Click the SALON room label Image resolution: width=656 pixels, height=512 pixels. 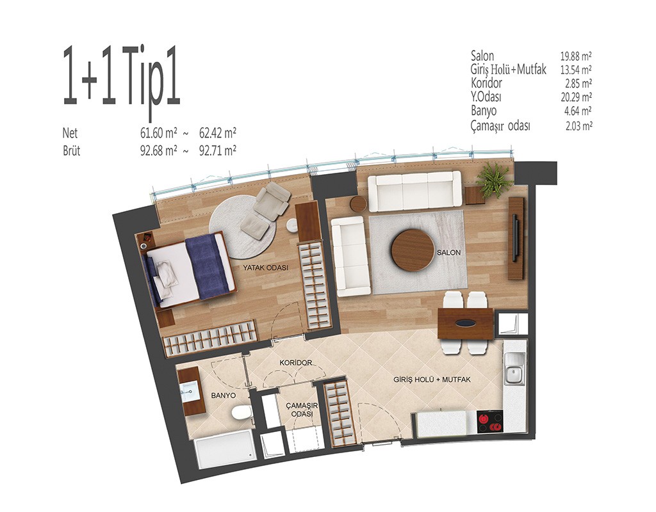(x=448, y=252)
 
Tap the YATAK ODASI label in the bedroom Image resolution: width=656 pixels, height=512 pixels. (x=266, y=268)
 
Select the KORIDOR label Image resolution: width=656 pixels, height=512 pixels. (x=296, y=363)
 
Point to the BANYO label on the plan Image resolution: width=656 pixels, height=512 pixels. (x=223, y=396)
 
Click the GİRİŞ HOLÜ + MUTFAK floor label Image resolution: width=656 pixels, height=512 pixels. (x=432, y=380)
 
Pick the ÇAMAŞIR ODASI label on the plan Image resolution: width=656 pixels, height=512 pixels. (x=302, y=410)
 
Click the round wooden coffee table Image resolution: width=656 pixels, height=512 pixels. (x=413, y=250)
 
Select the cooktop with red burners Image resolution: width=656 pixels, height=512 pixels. (x=490, y=422)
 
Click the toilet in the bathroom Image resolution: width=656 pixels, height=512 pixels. (x=241, y=413)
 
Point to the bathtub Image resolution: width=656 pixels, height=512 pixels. (x=224, y=449)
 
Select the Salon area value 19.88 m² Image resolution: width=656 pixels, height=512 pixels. (x=576, y=56)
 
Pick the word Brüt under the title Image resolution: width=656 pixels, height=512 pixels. (x=72, y=150)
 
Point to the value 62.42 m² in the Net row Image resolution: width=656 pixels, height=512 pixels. (x=218, y=133)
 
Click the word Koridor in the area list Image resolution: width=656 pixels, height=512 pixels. (x=487, y=83)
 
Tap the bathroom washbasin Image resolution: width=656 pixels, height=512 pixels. (x=190, y=391)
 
